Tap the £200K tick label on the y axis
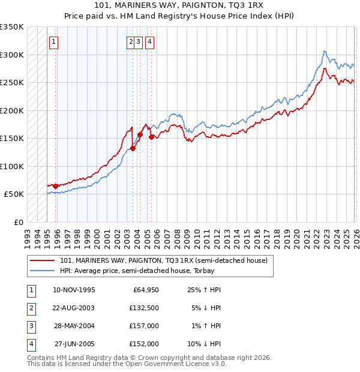pos(12,110)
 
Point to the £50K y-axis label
pos(14,194)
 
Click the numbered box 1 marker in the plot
pos(54,42)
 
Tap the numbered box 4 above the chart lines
pos(149,42)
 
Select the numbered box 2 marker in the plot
pos(130,42)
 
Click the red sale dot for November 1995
pos(56,186)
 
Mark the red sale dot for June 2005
pos(151,137)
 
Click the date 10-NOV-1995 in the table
pos(74,290)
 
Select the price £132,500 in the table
pos(144,308)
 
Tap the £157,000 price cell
pos(144,326)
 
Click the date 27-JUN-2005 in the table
pos(74,344)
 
